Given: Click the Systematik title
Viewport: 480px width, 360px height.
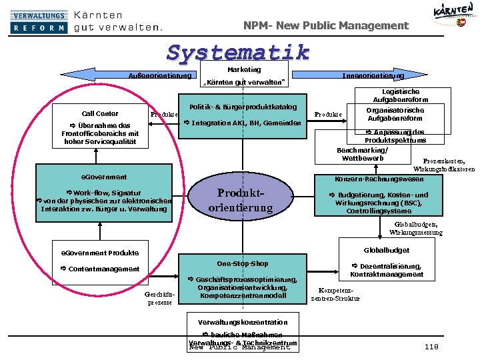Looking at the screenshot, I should [x=238, y=52].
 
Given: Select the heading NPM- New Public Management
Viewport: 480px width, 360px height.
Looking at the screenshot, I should [x=325, y=25].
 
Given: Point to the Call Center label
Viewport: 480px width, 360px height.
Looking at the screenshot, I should [x=100, y=113].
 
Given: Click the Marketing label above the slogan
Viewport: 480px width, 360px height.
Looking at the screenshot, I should [x=243, y=69].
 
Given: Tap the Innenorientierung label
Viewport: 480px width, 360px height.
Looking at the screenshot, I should [x=373, y=76].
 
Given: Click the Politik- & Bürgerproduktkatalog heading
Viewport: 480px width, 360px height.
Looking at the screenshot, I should [x=243, y=107].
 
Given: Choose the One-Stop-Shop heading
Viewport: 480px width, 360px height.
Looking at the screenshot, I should [x=243, y=263].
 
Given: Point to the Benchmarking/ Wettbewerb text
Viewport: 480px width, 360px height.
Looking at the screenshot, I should [x=362, y=154].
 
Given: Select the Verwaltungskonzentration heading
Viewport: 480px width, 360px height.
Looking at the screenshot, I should [x=243, y=322].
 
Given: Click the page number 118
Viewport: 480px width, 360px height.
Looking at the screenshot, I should [x=431, y=346].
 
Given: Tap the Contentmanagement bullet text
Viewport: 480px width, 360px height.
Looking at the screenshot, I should [x=95, y=269].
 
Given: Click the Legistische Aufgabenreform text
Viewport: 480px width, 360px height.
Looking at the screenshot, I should [x=401, y=95].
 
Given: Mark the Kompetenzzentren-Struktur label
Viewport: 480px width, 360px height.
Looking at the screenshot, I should [x=335, y=294].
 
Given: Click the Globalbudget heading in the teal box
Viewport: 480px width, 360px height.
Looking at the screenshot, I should [x=386, y=250].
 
